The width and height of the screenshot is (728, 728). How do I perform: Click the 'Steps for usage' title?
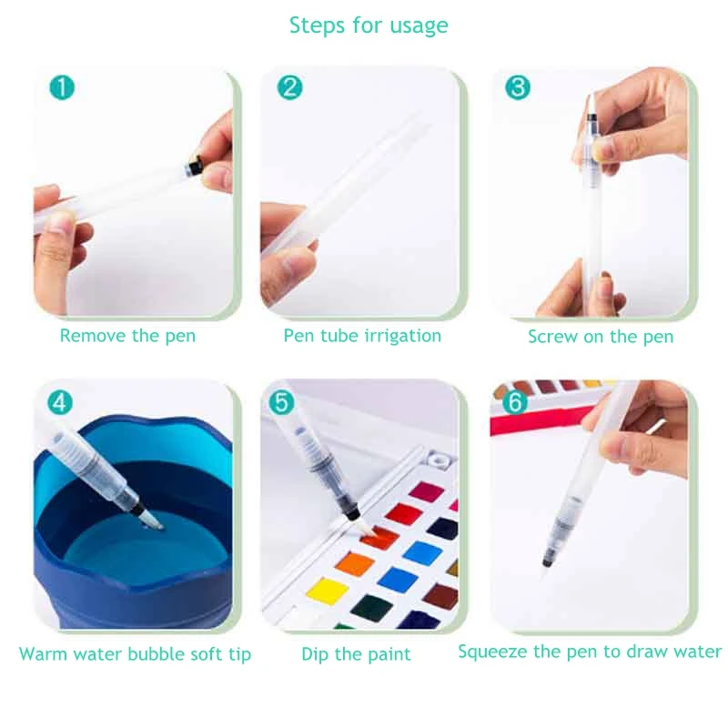[369, 25]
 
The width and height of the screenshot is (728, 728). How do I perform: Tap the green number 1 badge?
[62, 88]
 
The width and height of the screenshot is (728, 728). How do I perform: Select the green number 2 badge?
[289, 88]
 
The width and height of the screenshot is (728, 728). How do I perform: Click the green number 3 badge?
[517, 88]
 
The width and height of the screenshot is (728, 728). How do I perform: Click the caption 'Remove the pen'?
[127, 336]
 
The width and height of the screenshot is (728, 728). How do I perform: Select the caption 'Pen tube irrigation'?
[362, 336]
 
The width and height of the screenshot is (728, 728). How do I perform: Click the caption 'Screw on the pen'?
[601, 337]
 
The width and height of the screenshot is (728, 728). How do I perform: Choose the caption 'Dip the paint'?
[356, 653]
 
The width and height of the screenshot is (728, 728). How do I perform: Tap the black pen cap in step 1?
[194, 167]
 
